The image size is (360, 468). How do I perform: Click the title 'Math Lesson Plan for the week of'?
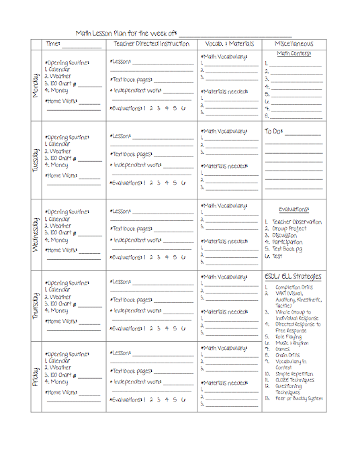point(126,33)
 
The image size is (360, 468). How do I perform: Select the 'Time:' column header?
point(53,44)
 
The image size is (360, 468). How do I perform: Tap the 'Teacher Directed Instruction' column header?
point(150,44)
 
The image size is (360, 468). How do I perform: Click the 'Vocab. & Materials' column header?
point(228,44)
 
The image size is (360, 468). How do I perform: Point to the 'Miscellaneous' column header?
point(294,44)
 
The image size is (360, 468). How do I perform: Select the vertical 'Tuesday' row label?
point(36,160)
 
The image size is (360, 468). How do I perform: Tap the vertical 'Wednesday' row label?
point(36,234)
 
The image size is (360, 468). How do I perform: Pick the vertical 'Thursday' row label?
point(36,306)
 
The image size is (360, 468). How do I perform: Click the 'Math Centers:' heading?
point(294,54)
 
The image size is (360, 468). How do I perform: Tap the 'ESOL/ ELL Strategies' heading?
point(293,277)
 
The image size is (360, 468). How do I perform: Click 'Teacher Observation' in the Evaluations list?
point(296,222)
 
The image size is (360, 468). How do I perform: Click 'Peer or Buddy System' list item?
point(298,398)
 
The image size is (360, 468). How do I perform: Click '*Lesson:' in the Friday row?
point(121,353)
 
